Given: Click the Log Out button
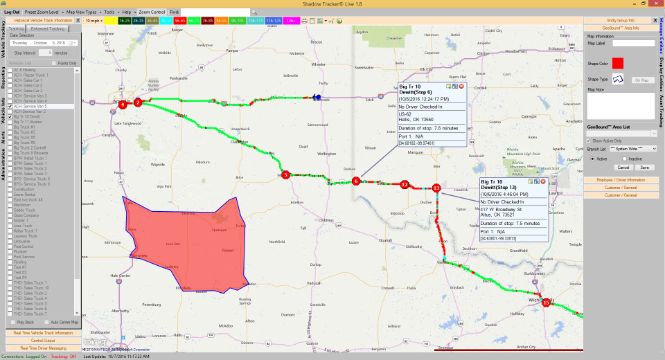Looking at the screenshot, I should [x=12, y=12].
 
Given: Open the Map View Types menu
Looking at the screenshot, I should [x=81, y=12].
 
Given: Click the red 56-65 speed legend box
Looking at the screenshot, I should [x=180, y=21].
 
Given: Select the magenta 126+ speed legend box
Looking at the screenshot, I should [x=290, y=21].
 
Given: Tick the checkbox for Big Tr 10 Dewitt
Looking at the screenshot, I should [x=10, y=117].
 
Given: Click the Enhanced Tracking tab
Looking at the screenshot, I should [x=47, y=28].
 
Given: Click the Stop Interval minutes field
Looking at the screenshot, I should [x=45, y=53].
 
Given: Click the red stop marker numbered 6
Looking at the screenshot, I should [x=356, y=181].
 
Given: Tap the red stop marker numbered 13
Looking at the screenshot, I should [x=436, y=188].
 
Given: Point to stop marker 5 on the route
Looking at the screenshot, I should [x=285, y=175].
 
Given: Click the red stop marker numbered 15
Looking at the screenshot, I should [x=546, y=303].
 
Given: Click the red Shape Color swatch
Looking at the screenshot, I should [x=618, y=63].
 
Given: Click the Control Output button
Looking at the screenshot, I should [x=43, y=340].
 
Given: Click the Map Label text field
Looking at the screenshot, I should [x=633, y=43].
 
